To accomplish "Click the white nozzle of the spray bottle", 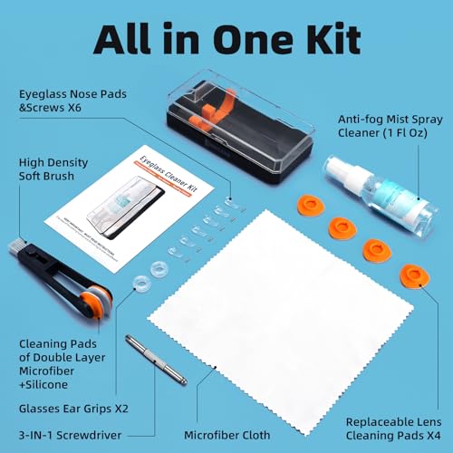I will pyautogui.click(x=333, y=167).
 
